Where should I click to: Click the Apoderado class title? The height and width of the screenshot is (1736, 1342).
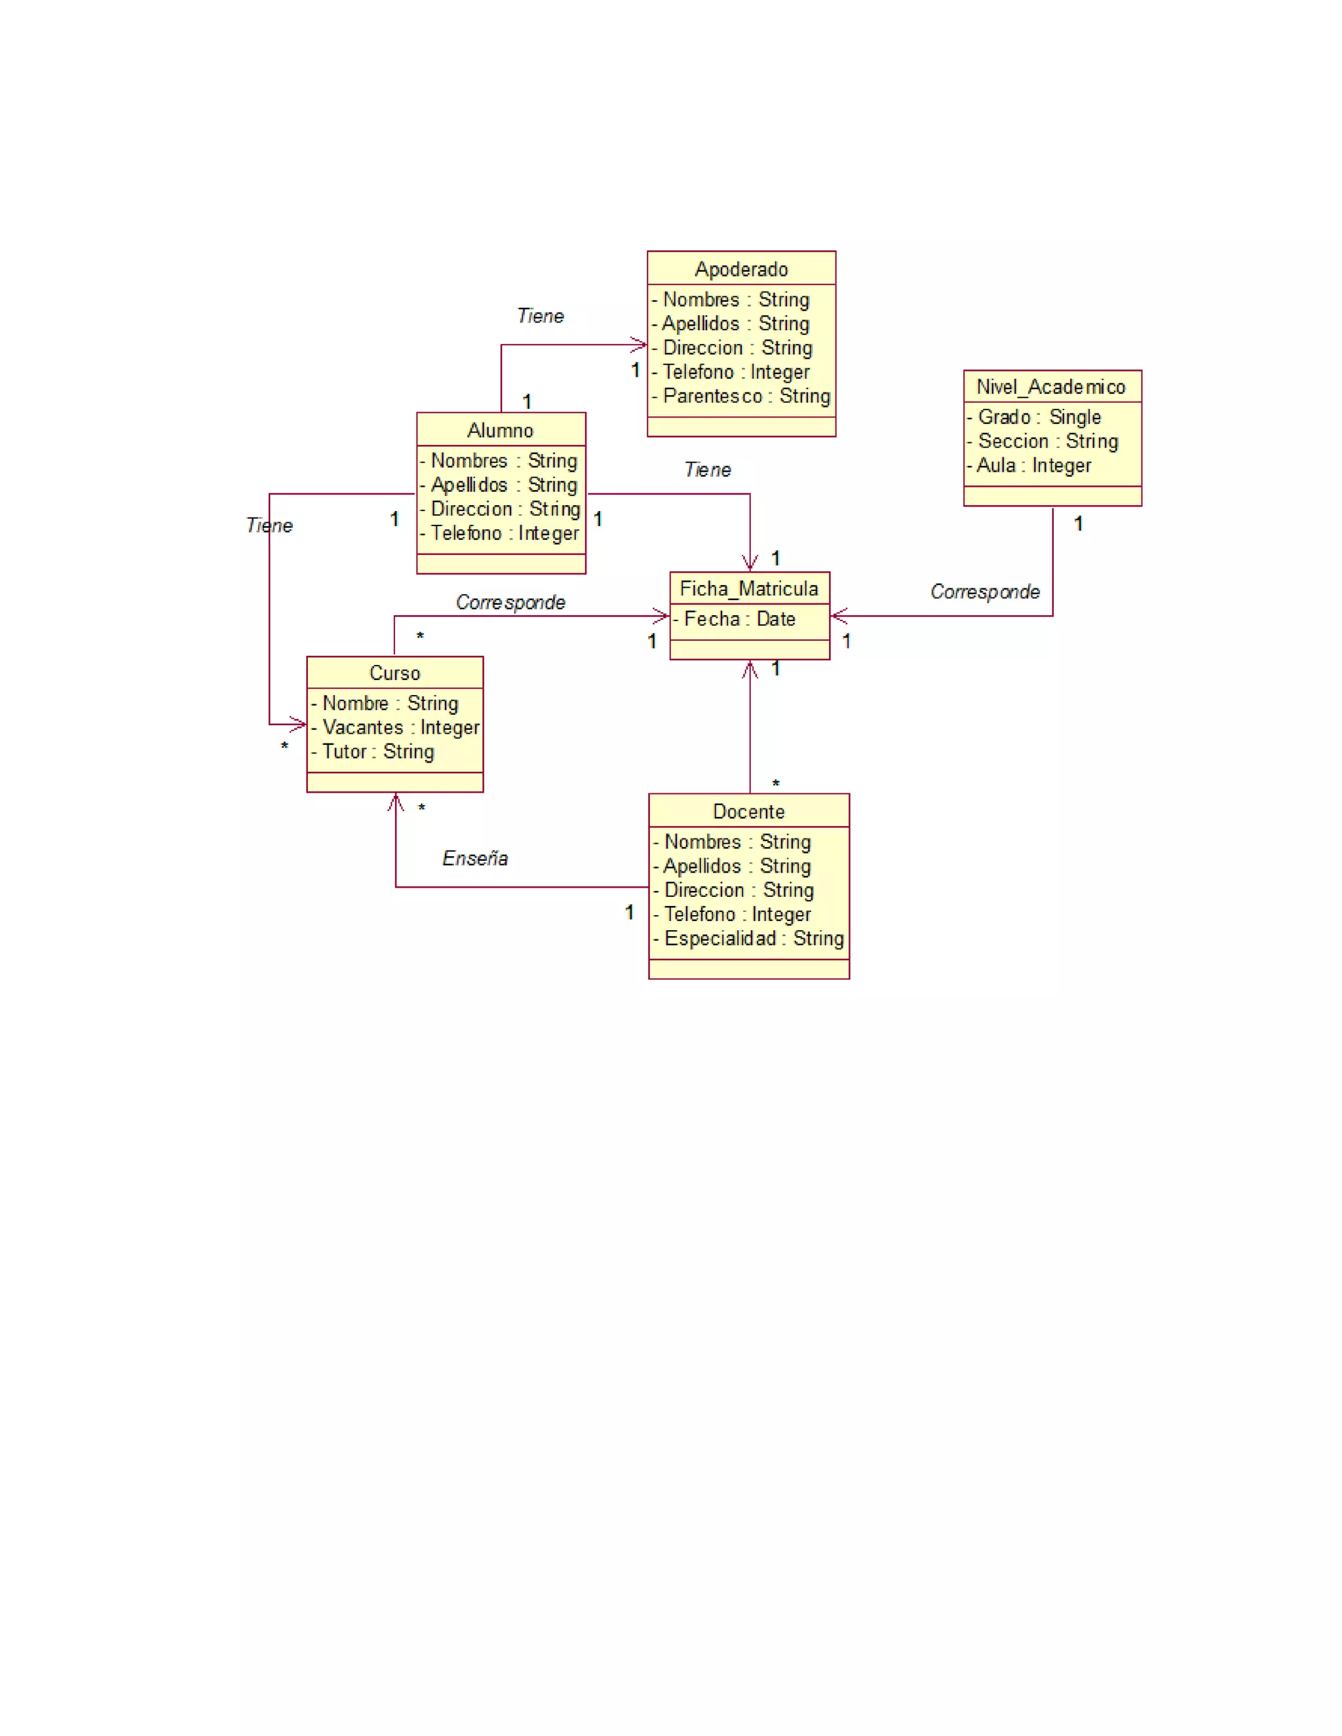(741, 269)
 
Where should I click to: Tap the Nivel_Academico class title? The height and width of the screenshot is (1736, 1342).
(1051, 387)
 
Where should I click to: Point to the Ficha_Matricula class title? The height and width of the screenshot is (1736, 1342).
(749, 589)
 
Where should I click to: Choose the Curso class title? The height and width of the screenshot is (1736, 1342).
(394, 673)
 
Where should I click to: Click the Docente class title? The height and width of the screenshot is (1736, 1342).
(748, 812)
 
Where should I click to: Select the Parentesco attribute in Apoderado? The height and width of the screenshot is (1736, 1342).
(746, 396)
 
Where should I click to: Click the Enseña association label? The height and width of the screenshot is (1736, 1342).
(474, 858)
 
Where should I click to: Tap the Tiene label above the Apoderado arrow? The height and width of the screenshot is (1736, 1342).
(541, 316)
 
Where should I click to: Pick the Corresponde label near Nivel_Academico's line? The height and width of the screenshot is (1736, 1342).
(984, 592)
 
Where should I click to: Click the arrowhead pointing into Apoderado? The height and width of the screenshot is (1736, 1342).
(640, 345)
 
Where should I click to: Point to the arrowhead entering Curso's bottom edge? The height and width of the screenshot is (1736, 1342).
(396, 801)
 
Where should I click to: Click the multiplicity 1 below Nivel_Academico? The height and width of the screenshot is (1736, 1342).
(1078, 524)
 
